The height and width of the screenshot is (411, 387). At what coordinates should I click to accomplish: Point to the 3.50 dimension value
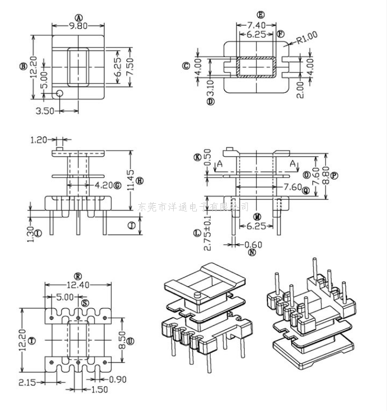click(45, 111)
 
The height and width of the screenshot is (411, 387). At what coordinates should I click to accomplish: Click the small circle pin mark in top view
click(59, 94)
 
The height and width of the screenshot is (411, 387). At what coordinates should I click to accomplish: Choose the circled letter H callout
click(139, 180)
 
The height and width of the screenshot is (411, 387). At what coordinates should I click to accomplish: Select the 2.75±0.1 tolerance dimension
click(208, 233)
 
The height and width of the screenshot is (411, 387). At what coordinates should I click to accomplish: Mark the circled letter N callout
click(252, 253)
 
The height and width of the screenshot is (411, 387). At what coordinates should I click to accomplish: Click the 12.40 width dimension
click(78, 284)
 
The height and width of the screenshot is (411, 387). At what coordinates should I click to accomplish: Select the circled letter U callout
click(130, 341)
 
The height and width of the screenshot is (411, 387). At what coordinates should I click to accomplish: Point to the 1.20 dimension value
click(40, 139)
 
